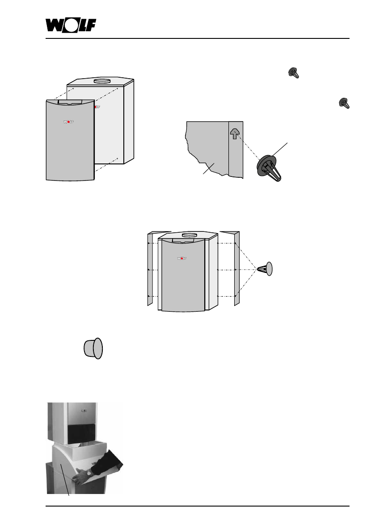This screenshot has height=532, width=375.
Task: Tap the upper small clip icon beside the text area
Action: (294, 73)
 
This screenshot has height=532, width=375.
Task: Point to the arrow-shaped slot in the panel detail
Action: (235, 133)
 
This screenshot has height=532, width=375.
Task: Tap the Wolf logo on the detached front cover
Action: (69, 121)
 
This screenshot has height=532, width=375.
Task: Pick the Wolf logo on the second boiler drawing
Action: (181, 258)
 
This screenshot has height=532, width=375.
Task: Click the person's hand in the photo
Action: (80, 477)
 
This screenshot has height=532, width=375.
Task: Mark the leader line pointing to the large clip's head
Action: (281, 148)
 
